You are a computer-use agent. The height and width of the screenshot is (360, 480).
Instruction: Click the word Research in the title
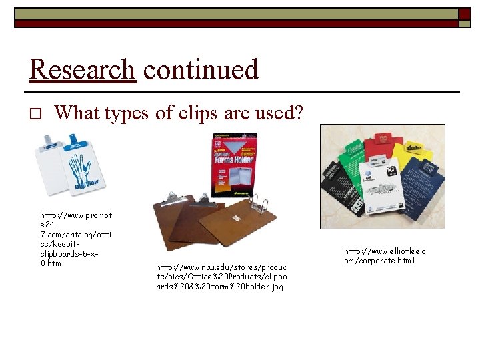[x=82, y=69]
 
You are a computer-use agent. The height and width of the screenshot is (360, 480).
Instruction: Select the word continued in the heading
[x=200, y=69]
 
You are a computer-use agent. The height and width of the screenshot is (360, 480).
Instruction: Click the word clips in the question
[x=197, y=113]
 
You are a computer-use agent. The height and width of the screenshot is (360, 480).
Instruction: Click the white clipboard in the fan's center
[x=377, y=190]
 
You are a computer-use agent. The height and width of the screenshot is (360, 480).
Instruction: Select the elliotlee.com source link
[x=385, y=255]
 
